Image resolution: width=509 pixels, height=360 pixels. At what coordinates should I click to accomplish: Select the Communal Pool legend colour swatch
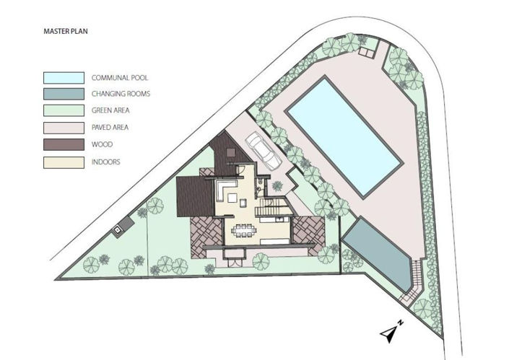coord(63,77)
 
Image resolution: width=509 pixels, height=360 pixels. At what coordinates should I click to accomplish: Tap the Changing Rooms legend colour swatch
coord(63,94)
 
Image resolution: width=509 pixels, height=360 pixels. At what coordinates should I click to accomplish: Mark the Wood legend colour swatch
coord(63,145)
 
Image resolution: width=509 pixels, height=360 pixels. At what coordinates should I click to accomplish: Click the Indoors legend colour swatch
coord(63,162)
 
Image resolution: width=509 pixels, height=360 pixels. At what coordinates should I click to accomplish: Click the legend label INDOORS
coord(105,162)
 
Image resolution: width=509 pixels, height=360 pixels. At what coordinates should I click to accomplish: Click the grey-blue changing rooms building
coord(376,252)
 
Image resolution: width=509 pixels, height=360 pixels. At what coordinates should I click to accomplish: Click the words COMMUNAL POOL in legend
coord(120,77)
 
